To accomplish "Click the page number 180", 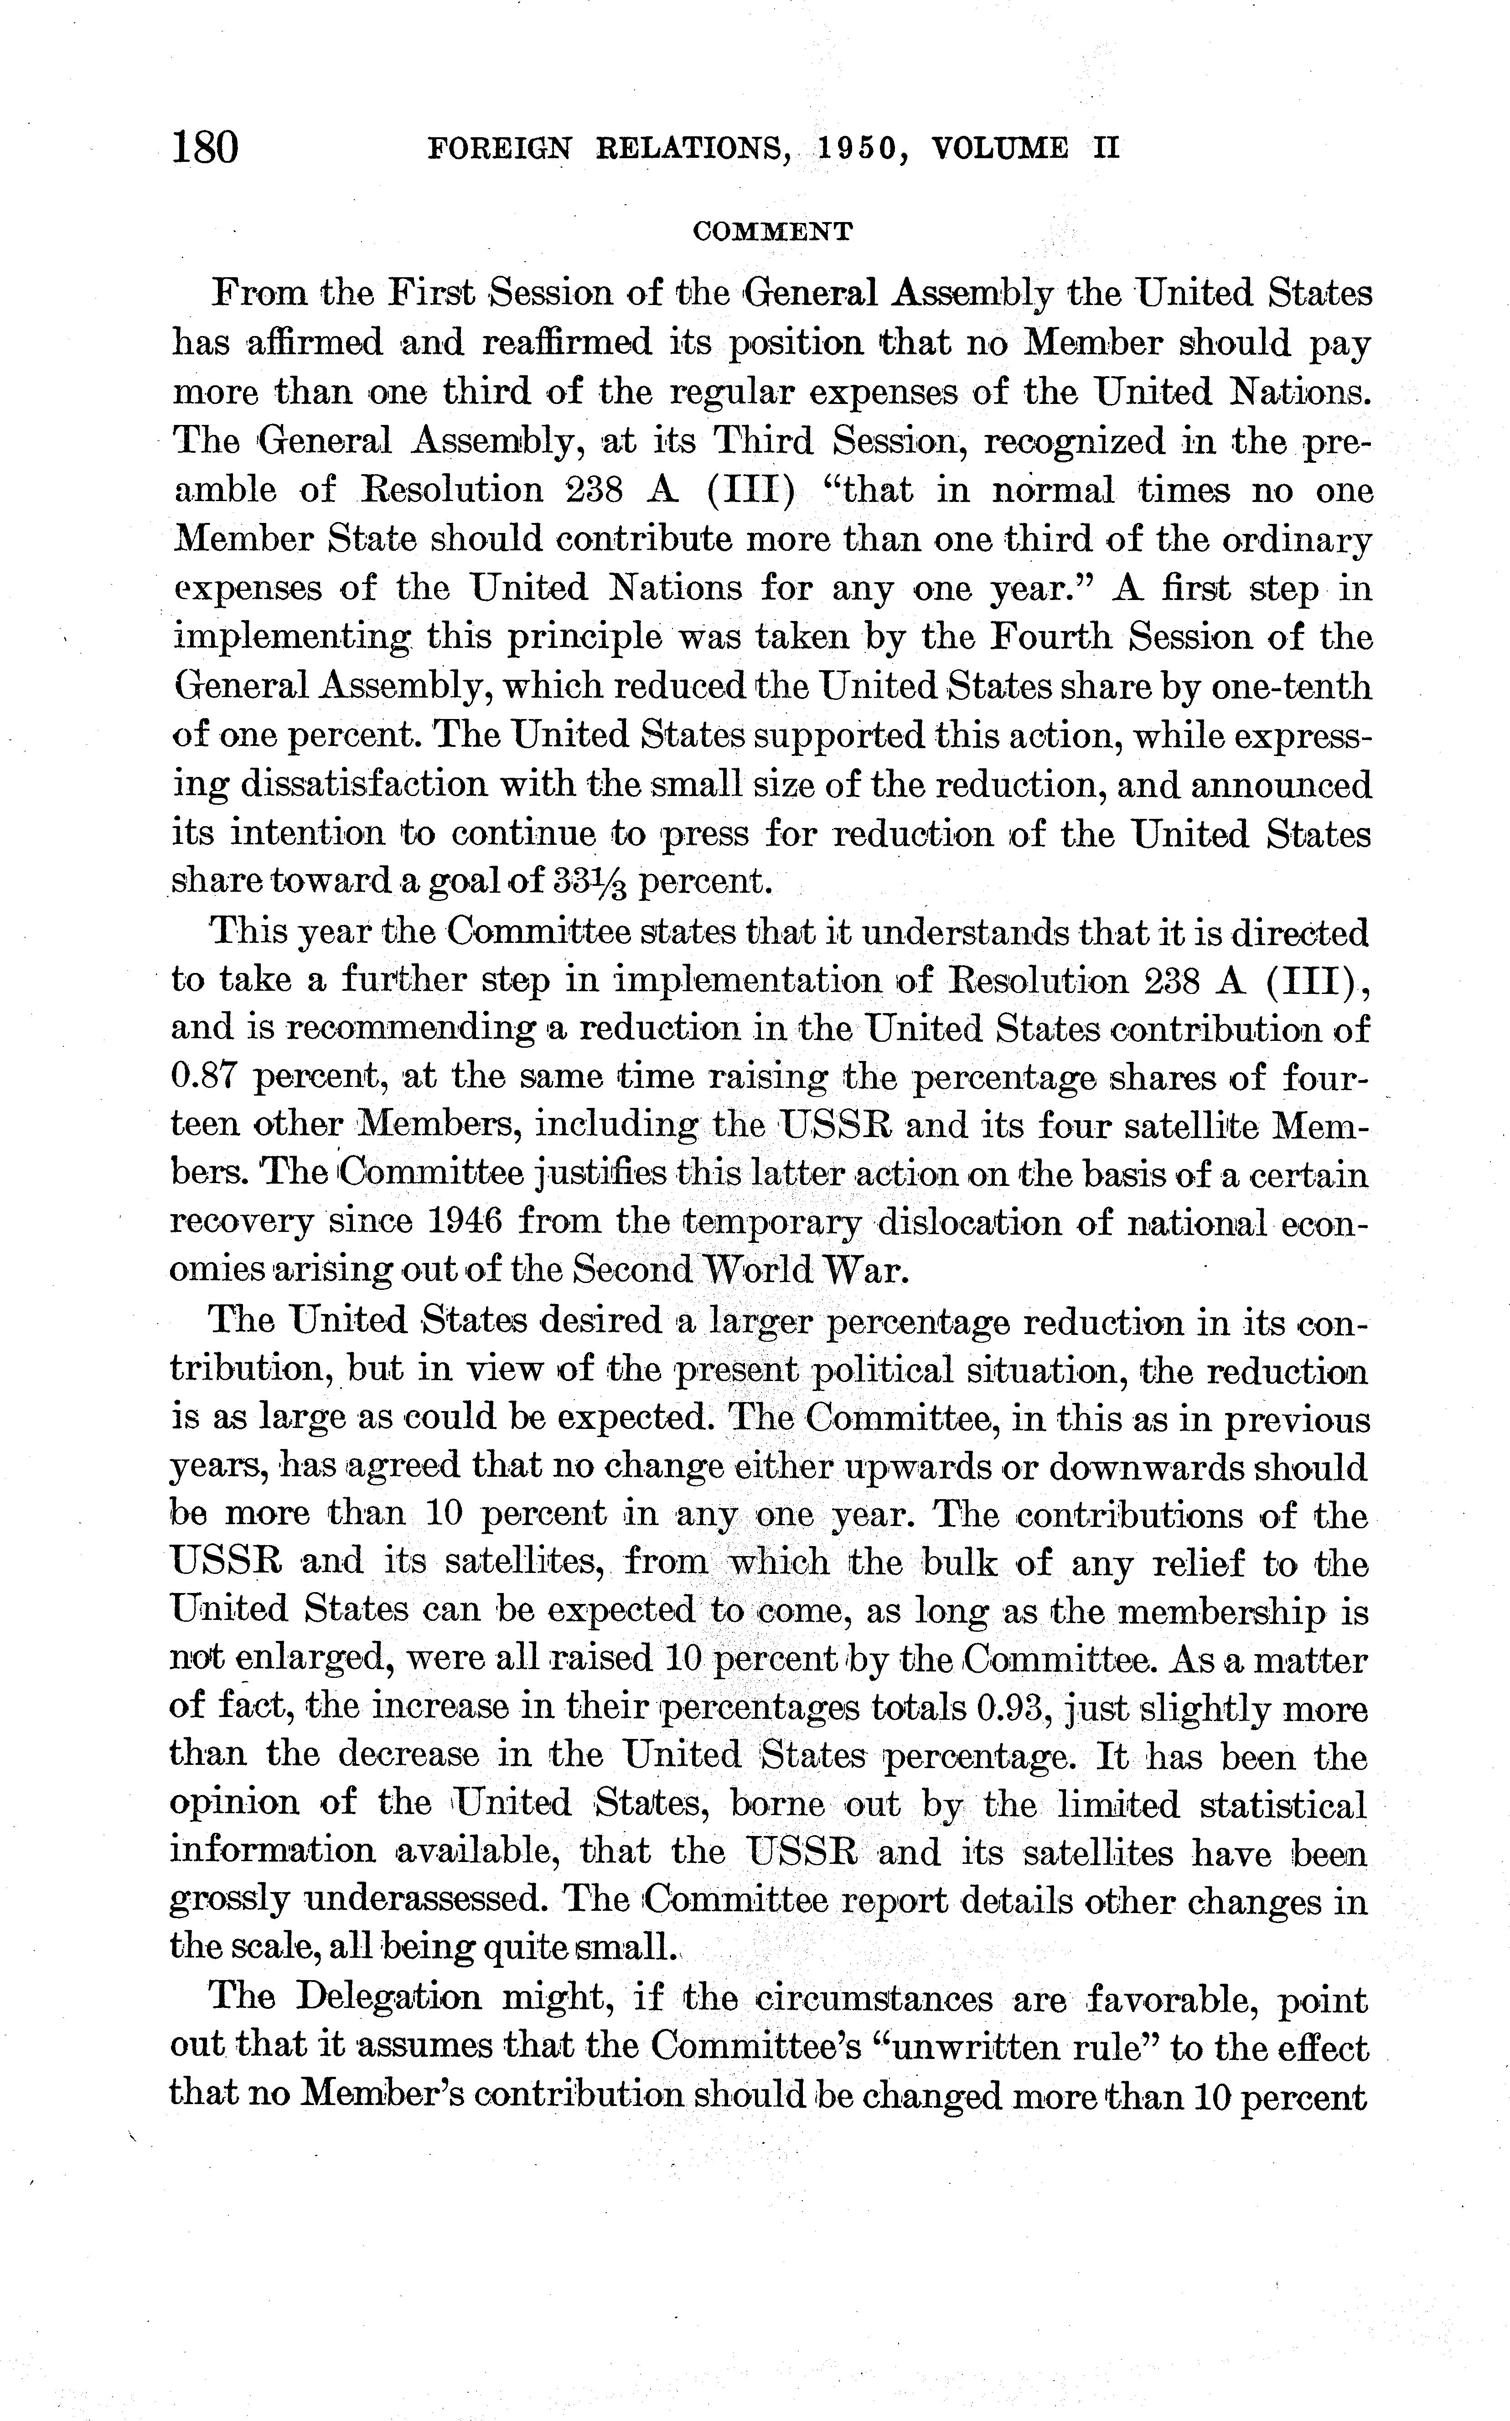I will point(206,148).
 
